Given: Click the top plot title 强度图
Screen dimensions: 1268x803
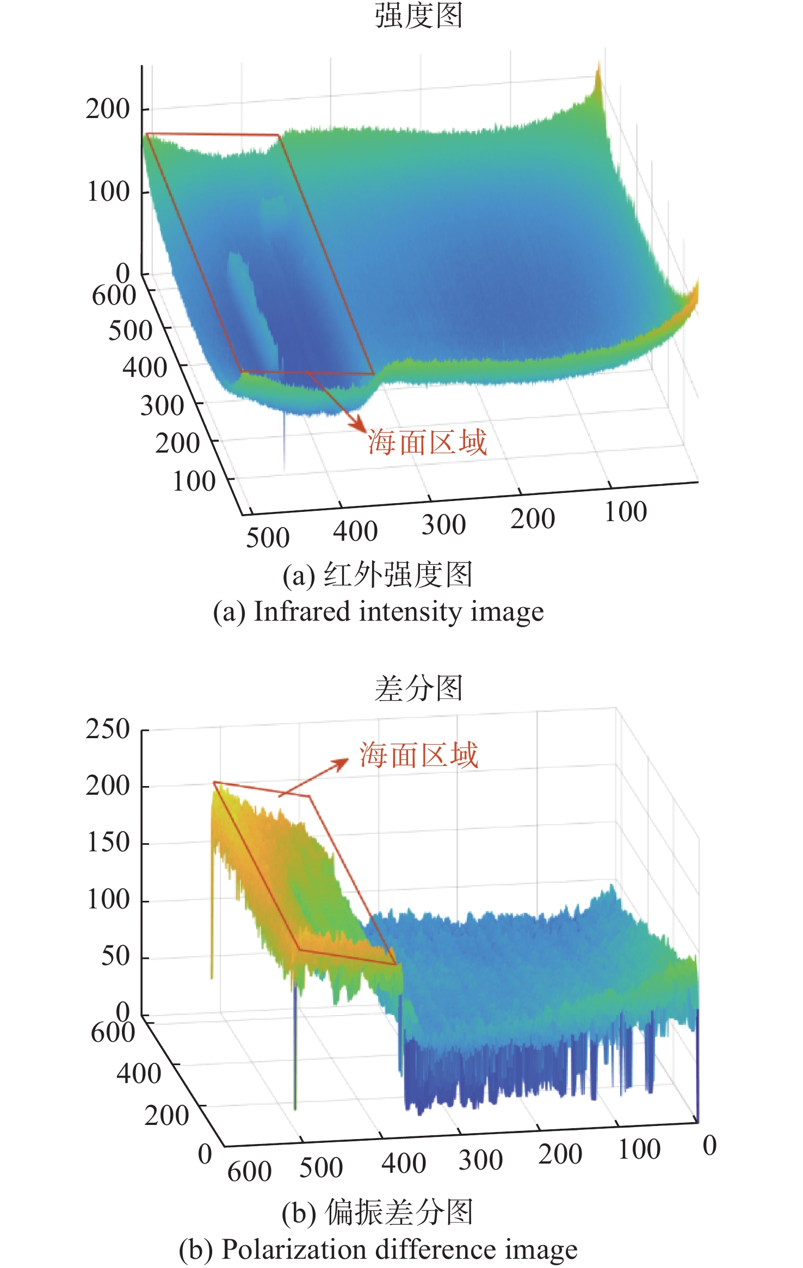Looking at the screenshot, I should (x=418, y=15).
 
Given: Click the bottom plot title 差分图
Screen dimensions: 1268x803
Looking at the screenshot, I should (x=418, y=688).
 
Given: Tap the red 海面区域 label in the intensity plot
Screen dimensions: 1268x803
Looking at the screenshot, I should (x=427, y=442).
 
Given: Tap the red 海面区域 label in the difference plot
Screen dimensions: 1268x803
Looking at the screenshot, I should (x=418, y=755).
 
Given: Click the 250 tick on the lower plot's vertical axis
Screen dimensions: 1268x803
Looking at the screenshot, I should (x=108, y=729).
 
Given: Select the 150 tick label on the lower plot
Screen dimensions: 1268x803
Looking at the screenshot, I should (x=108, y=843).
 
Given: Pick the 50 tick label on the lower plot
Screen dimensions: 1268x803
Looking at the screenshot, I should (x=115, y=956).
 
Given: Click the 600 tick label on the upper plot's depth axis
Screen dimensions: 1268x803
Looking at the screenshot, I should (x=114, y=295).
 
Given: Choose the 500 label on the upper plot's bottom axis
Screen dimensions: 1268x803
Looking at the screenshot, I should (x=268, y=537).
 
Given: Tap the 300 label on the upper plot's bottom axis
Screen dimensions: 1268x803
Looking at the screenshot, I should (x=443, y=525).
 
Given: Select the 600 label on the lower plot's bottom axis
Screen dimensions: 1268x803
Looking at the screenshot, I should (x=249, y=1171).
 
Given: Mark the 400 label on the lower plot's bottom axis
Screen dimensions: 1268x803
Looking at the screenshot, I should (x=403, y=1164).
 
